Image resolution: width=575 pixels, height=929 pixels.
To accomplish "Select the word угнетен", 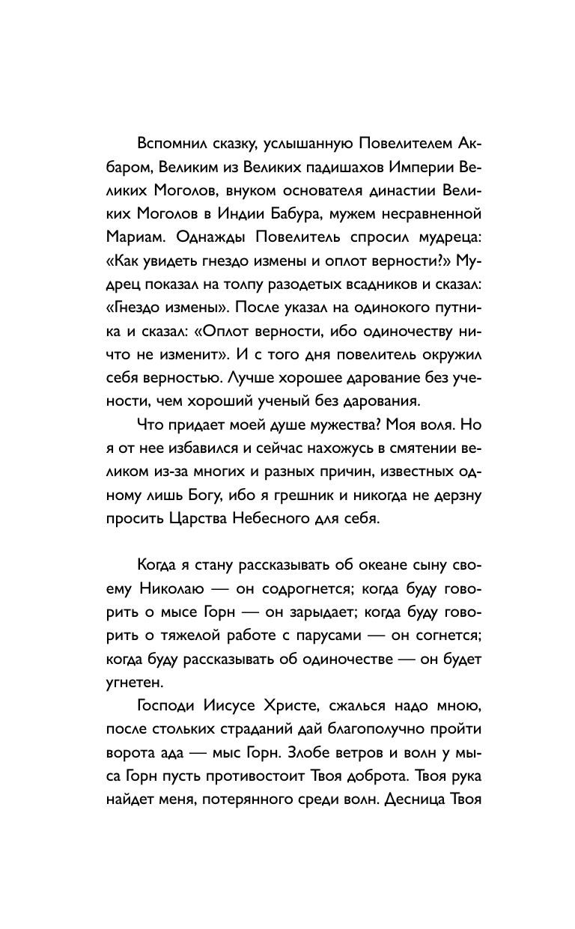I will tap(127, 680).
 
